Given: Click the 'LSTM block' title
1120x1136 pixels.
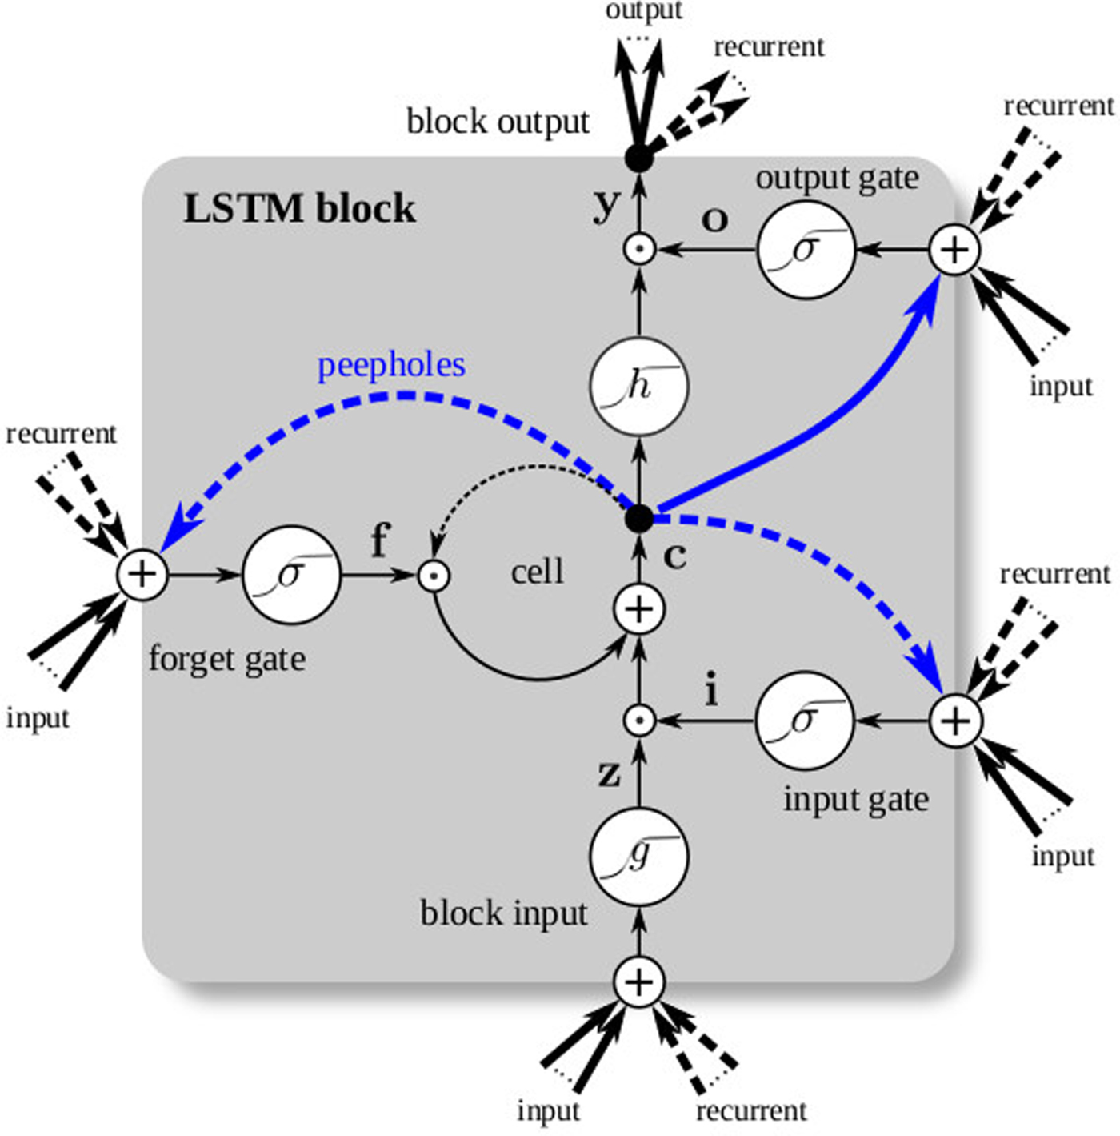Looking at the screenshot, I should click(x=299, y=209).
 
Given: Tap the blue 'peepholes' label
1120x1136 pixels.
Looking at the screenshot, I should click(x=391, y=365).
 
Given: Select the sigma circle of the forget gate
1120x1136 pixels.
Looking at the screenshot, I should click(x=291, y=574).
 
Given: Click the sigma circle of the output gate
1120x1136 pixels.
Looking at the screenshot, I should click(x=806, y=250).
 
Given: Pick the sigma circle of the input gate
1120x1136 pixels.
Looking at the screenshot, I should click(x=804, y=721).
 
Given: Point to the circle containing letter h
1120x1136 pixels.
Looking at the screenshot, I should click(x=638, y=387).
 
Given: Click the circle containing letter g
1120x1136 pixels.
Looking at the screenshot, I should click(x=638, y=857).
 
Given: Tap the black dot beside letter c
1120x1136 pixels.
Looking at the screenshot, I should click(x=638, y=518).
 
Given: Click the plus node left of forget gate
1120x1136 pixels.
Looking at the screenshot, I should click(x=142, y=574).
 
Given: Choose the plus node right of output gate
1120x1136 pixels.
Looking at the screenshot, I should click(x=954, y=250).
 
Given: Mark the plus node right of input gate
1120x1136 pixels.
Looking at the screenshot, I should click(x=954, y=721).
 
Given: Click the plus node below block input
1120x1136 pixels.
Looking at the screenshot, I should click(x=638, y=982).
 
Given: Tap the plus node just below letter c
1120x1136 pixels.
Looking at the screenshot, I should click(x=638, y=610).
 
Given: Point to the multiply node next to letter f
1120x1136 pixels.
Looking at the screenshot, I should click(x=434, y=575).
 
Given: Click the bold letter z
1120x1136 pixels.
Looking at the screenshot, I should click(x=609, y=773).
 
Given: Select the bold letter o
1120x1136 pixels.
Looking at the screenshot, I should click(x=714, y=219).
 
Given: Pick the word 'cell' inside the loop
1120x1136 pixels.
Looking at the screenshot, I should click(x=537, y=572).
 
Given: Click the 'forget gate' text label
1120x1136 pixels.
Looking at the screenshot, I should click(x=227, y=660).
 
